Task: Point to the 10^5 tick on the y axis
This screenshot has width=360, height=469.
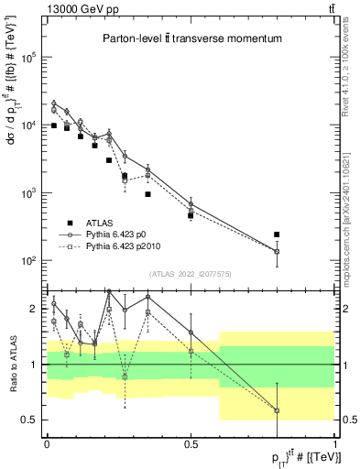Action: coord(30,57)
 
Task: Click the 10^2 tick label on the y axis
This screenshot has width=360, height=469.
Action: coord(30,261)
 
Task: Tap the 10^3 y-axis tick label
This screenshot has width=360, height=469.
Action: coord(30,193)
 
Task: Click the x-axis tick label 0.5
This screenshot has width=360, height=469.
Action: coord(191,443)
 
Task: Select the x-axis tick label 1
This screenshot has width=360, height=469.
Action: coord(334,443)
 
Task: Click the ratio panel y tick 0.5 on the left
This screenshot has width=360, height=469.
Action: coord(30,420)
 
